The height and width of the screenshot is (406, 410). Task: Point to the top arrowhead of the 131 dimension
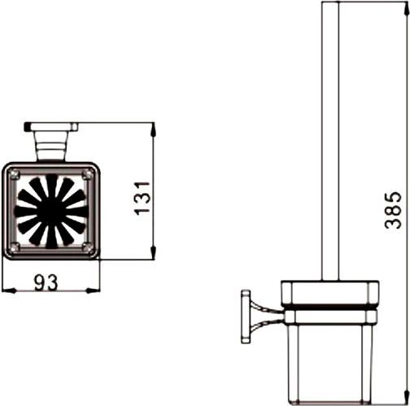point(152,128)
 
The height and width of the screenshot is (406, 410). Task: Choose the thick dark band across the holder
point(327,310)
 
